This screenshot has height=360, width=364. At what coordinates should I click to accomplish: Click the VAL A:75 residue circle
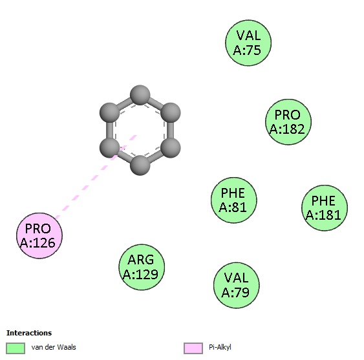(248, 43)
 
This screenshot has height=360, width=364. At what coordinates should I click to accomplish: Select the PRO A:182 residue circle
(288, 122)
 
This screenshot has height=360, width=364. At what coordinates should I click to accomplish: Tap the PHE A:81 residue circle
(234, 200)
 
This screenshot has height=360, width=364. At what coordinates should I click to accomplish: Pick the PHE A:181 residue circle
(325, 207)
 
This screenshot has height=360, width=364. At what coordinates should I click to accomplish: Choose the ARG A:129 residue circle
(142, 267)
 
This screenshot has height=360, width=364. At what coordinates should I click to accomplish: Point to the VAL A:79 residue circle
(237, 285)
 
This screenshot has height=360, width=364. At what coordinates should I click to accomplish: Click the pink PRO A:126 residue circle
(39, 236)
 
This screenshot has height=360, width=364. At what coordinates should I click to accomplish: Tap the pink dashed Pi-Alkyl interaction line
(96, 177)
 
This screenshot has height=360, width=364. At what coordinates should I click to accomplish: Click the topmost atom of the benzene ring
(140, 95)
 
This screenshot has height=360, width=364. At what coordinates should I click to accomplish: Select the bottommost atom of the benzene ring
(140, 165)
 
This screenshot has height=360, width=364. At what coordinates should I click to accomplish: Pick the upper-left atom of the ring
(109, 113)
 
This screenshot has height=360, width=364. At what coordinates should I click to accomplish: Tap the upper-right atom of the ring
(171, 113)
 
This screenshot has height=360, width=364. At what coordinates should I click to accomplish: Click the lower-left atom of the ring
(109, 147)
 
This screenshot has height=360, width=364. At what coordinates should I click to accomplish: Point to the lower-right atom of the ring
(171, 147)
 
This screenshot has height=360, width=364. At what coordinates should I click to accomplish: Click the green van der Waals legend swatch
(16, 348)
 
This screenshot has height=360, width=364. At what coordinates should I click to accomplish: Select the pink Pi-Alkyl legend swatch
(193, 348)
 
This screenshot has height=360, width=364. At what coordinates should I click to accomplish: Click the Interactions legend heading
(29, 333)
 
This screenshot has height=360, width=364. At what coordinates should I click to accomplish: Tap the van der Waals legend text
(54, 347)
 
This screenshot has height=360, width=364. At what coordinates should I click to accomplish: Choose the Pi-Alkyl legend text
(220, 347)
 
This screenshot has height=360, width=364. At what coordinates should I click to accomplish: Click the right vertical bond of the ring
(171, 130)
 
